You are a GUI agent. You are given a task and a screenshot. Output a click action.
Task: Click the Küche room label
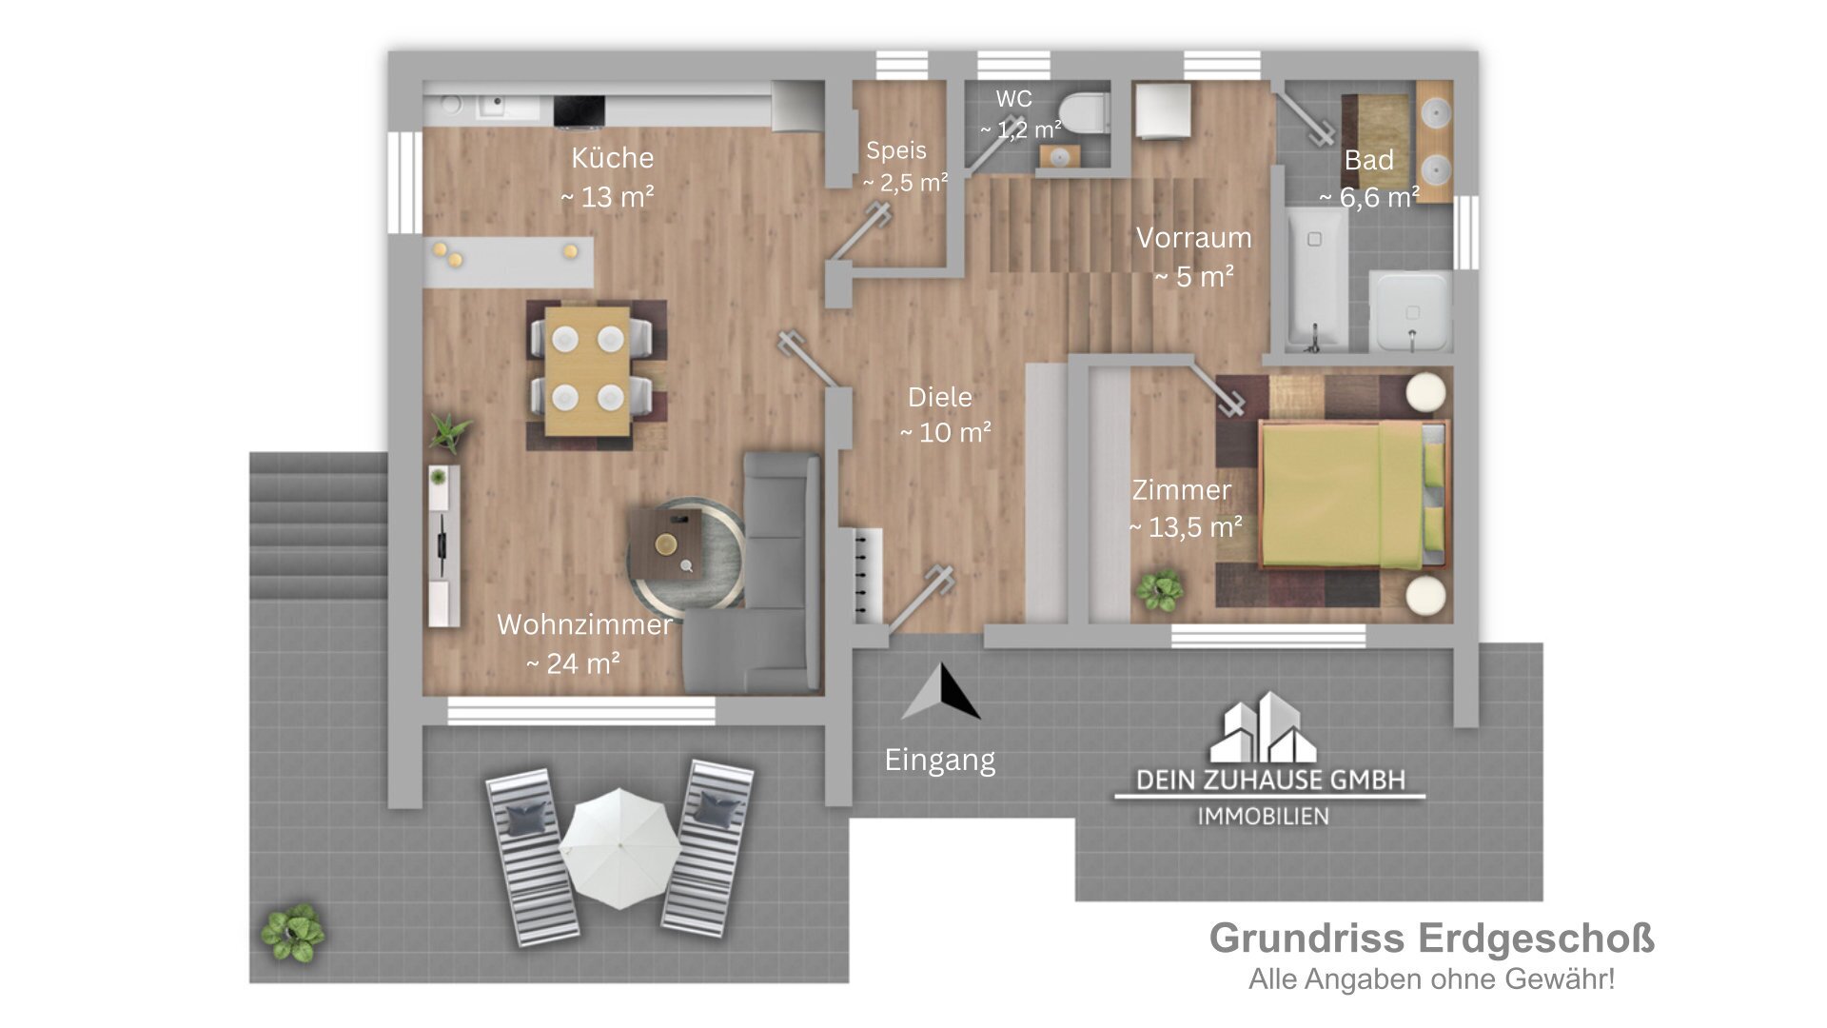pos(611,158)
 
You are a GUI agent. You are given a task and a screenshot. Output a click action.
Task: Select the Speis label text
pos(895,150)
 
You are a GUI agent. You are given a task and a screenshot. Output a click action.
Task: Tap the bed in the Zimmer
pos(1351,495)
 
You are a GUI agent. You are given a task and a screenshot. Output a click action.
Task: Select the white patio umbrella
pos(619,847)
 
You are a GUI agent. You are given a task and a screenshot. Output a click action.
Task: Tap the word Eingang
pos(939,760)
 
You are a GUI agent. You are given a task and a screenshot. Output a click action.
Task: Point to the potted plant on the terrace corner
pos(292,932)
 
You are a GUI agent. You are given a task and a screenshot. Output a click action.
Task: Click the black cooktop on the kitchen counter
pos(579,110)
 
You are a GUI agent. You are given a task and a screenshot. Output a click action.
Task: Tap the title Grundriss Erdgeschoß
pos(1431,939)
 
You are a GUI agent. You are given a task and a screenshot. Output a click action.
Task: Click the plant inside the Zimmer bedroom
pos(1159,590)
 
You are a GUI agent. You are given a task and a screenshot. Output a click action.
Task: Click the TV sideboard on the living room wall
pos(443,546)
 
